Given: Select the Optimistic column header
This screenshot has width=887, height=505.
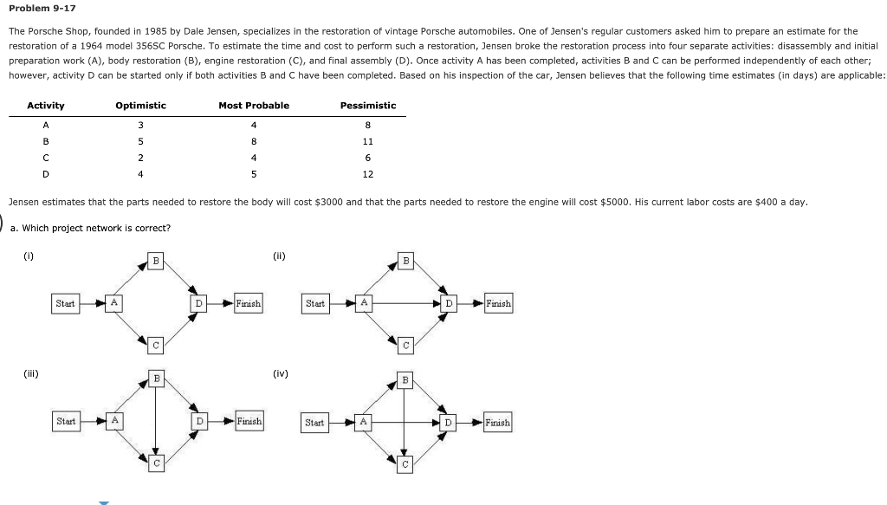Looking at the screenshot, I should (x=140, y=106).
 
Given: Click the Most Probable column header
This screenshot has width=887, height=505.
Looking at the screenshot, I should (x=254, y=106).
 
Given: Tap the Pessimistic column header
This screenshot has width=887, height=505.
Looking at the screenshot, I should (x=368, y=106).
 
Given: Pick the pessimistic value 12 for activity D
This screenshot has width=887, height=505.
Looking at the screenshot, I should (x=368, y=174).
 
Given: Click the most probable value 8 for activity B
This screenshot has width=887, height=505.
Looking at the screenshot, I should (x=254, y=141).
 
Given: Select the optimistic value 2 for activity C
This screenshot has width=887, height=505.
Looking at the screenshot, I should (x=140, y=158).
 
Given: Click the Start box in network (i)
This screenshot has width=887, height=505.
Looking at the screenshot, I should (x=65, y=303).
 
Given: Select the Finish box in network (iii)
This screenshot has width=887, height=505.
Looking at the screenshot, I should (x=248, y=421).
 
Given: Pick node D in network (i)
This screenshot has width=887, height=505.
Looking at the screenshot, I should (x=199, y=303).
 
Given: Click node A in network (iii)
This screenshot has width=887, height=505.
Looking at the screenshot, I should (x=113, y=420).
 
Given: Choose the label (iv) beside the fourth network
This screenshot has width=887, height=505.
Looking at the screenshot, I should (x=280, y=374).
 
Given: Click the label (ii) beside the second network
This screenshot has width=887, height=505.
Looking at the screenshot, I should (x=278, y=256).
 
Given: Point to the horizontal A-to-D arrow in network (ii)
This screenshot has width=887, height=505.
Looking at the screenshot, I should (x=407, y=303).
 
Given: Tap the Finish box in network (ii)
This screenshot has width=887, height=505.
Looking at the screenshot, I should (x=498, y=303).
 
